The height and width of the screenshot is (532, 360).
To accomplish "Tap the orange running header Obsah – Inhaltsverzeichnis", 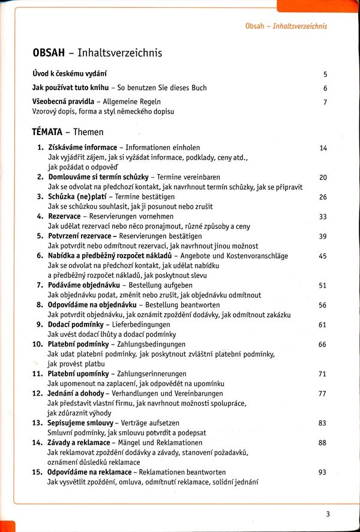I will pos(286,26).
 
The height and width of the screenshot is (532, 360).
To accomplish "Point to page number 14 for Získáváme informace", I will pos(323,148).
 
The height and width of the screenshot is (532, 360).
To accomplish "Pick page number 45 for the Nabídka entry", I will pos(323,256).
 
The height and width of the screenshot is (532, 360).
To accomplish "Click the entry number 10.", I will pos(37,345).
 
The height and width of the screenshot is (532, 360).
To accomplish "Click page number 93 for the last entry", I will pos(323,472).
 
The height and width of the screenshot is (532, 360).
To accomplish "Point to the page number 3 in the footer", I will pos(328,513).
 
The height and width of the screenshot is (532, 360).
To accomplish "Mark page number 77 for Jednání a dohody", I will pos(323,394).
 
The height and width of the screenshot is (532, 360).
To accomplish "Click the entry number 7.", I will pos(39,285).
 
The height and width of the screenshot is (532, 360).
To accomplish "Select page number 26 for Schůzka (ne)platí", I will pos(323,197).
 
